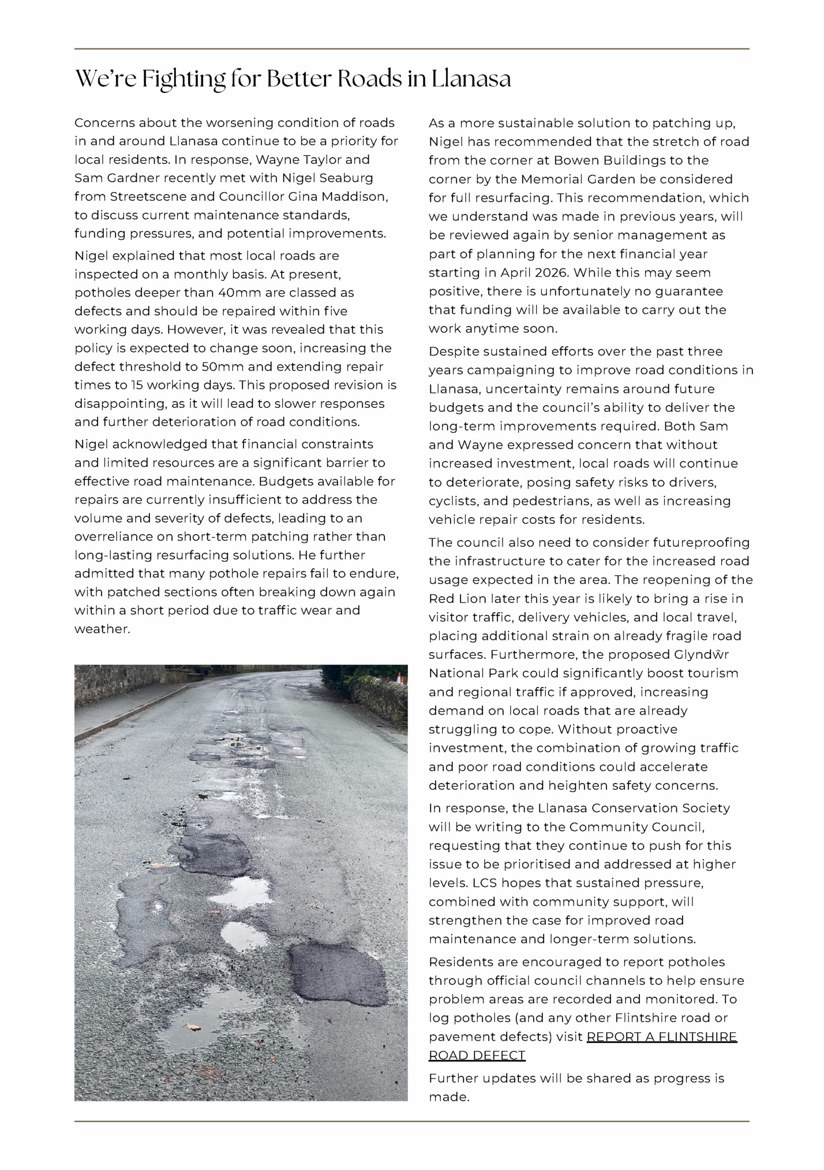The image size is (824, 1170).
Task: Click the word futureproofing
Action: point(701,542)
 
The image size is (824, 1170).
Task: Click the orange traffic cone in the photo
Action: point(399,677)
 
